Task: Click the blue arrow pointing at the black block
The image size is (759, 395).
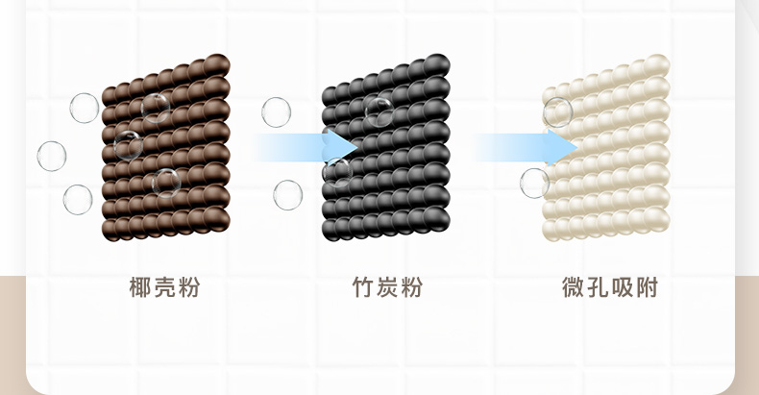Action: [307, 147]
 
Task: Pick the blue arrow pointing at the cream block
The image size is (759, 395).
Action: [526, 147]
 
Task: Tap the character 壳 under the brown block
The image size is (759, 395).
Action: [165, 286]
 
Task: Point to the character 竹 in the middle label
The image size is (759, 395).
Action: [361, 286]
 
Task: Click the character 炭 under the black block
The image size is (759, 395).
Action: [386, 286]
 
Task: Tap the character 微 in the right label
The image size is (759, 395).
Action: [574, 286]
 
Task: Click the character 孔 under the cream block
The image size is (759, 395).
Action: [599, 286]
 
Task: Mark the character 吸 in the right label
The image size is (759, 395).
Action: [624, 286]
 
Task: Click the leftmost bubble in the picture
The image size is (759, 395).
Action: [52, 156]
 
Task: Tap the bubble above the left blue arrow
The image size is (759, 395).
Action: [276, 111]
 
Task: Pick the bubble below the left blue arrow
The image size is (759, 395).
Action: [287, 195]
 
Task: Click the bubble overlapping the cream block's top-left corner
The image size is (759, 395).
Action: [558, 112]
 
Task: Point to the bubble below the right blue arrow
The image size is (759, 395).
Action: [534, 183]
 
